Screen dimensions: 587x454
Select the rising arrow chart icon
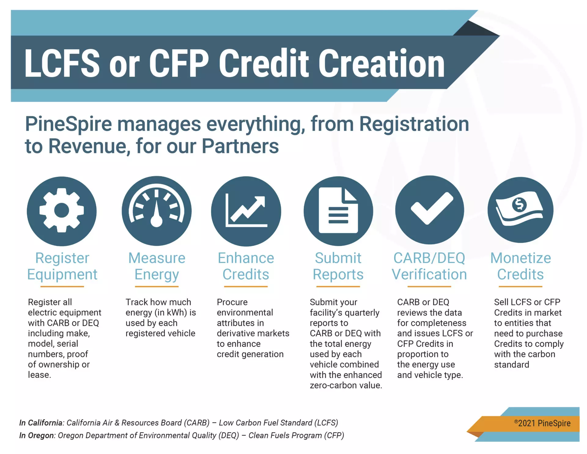tap(246, 210)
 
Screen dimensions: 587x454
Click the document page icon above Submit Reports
tap(338, 210)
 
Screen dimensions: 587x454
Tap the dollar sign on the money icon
tap(519, 205)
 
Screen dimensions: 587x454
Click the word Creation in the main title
tap(382, 63)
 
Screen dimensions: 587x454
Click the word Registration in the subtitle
tap(414, 124)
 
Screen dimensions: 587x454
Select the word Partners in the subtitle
tap(240, 146)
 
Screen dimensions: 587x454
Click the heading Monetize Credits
tap(520, 266)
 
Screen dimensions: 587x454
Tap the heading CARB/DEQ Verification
tap(429, 266)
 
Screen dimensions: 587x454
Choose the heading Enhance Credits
tap(246, 266)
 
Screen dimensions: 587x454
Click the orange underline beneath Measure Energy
tap(157, 287)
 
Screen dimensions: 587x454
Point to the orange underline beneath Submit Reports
tap(338, 287)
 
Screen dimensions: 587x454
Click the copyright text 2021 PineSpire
tap(542, 423)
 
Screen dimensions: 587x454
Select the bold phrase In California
tap(41, 423)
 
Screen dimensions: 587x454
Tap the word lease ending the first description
tap(39, 375)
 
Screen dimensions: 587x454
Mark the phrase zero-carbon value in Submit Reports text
tap(346, 385)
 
